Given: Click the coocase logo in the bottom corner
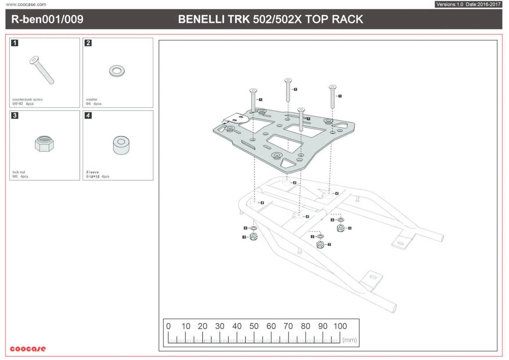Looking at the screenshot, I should click(28, 349).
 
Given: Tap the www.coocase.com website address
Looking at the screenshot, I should click(26, 5).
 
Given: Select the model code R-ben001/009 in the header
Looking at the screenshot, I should click(47, 19).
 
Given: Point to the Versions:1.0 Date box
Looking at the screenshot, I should click(468, 4).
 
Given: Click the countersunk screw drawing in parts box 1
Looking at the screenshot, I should click(42, 70).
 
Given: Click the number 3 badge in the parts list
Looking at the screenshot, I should click(15, 116).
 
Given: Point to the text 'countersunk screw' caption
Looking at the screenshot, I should click(28, 100).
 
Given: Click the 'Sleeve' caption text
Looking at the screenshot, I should click(93, 172).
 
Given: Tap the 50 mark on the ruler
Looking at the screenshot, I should click(254, 326).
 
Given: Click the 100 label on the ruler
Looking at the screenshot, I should click(340, 326).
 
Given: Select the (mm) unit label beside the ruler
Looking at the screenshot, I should click(349, 340).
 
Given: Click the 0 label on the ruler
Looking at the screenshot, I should click(168, 326).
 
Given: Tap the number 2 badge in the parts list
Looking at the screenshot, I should click(88, 43).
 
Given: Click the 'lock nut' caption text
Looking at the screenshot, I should click(19, 172).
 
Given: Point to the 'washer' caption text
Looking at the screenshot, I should click(92, 100).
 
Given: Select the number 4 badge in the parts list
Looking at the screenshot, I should click(88, 116).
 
